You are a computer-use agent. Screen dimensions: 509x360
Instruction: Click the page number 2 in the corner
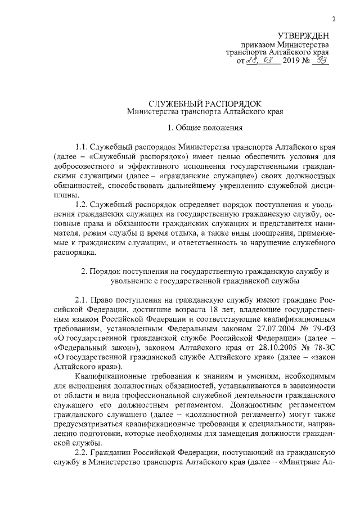334,19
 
